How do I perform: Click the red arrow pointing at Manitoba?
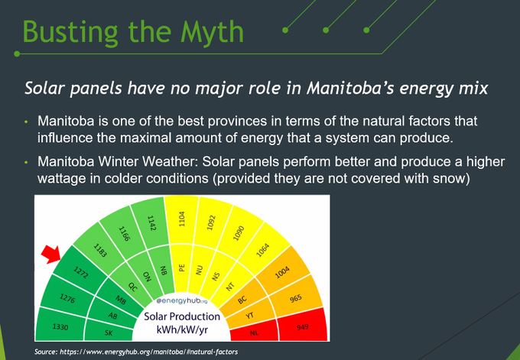click(50, 255)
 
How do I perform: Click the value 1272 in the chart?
click(80, 273)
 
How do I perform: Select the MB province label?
click(121, 300)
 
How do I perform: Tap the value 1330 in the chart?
click(60, 327)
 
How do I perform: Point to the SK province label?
click(109, 332)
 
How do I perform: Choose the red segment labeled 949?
click(303, 324)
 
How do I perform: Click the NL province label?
click(254, 332)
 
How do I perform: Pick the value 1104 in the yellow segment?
click(181, 219)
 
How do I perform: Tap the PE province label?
click(181, 268)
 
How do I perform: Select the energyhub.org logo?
click(182, 300)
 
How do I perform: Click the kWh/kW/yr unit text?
click(183, 330)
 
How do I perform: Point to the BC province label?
click(242, 300)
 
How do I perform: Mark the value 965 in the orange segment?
click(295, 298)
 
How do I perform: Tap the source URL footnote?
click(136, 352)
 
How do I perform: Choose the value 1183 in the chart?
click(100, 250)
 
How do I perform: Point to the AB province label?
click(112, 316)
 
